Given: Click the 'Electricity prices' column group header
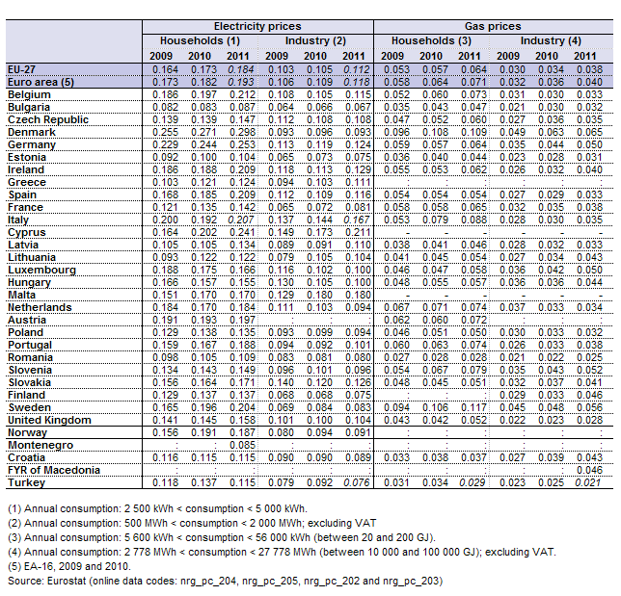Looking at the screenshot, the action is coord(257,27).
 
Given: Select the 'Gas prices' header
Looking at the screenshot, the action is coord(493,27).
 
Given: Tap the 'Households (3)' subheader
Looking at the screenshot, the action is coord(431,40).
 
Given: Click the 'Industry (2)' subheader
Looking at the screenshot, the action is coord(315,40).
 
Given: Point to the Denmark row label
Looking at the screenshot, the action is coord(32,132).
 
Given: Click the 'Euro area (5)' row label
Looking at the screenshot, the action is coord(40,82).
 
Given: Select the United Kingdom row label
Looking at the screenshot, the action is coord(49,420).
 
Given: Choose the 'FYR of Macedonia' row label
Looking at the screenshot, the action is coord(54,470).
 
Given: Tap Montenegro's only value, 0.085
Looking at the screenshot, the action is coord(242,446).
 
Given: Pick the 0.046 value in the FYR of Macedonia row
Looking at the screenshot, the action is coord(589,470).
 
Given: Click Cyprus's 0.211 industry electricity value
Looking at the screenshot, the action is coord(358,232).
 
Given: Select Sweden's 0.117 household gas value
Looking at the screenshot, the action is coord(473,407).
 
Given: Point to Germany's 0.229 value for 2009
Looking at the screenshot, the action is coord(165,144).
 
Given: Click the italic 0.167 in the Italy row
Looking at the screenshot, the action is coord(357,220).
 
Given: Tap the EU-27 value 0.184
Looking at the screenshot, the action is coord(241,69).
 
